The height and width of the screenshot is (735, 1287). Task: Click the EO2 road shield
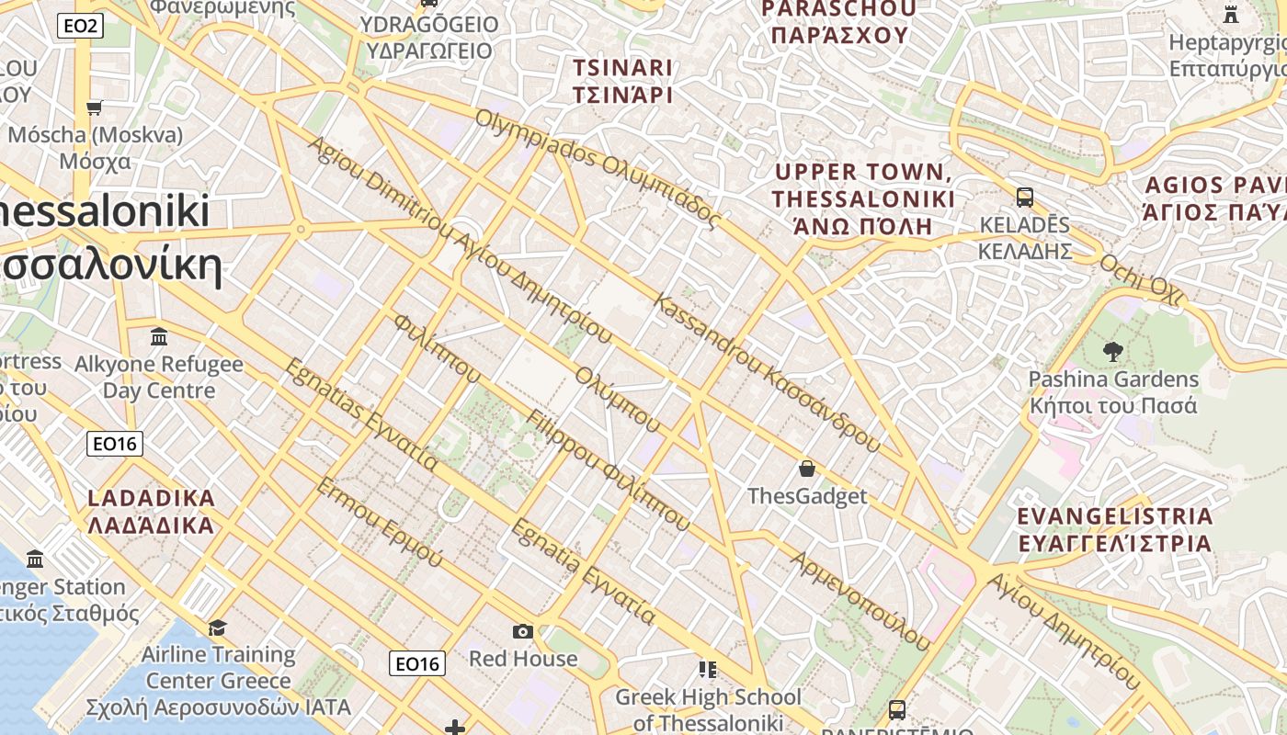pyautogui.click(x=80, y=26)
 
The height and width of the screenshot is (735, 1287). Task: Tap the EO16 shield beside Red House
pyautogui.click(x=416, y=663)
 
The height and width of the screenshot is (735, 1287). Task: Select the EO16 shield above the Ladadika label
pyautogui.click(x=115, y=445)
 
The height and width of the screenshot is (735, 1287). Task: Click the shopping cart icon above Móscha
pyautogui.click(x=95, y=108)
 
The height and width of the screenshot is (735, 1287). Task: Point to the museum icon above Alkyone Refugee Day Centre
pyautogui.click(x=159, y=337)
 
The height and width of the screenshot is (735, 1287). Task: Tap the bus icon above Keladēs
pyautogui.click(x=1025, y=198)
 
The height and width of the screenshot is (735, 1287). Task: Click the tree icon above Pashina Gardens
pyautogui.click(x=1112, y=351)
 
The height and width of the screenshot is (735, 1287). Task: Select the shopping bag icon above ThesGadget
pyautogui.click(x=807, y=469)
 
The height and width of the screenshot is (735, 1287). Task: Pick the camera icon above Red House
pyautogui.click(x=523, y=631)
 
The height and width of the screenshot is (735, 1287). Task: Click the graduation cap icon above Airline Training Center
pyautogui.click(x=217, y=628)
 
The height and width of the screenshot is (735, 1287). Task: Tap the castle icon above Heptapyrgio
pyautogui.click(x=1231, y=14)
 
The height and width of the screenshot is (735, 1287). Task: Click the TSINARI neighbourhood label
pyautogui.click(x=623, y=81)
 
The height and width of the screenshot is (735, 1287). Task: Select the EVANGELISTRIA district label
pyautogui.click(x=1115, y=529)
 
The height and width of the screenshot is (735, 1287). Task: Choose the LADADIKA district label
pyautogui.click(x=151, y=512)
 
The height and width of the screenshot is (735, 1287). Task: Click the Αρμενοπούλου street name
pyautogui.click(x=860, y=601)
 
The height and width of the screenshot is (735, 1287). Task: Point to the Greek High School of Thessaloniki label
pyautogui.click(x=708, y=709)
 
